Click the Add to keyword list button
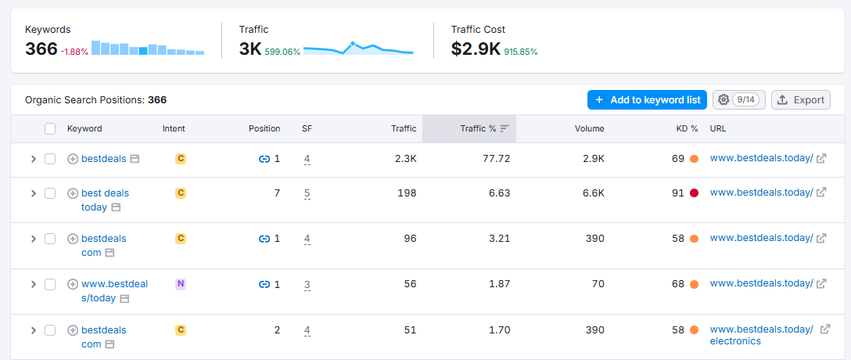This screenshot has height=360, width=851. pos(647,99)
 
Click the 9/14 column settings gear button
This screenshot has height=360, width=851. pos(738,99)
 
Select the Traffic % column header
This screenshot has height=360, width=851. pos(478,128)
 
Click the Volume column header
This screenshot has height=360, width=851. pos(589,128)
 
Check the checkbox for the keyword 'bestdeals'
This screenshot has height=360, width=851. pos(50,159)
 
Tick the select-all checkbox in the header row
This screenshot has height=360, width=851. pos(50,128)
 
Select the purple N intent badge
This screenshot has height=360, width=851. pos(181,284)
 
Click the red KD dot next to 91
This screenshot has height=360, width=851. pos(694,193)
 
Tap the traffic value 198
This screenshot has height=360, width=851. pos(407,193)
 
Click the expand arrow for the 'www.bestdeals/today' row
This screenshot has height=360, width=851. pos(33,284)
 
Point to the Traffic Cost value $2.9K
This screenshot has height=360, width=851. pos(476,49)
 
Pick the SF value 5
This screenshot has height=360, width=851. pos(307,193)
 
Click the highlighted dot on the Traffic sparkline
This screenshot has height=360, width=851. pos(353,43)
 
